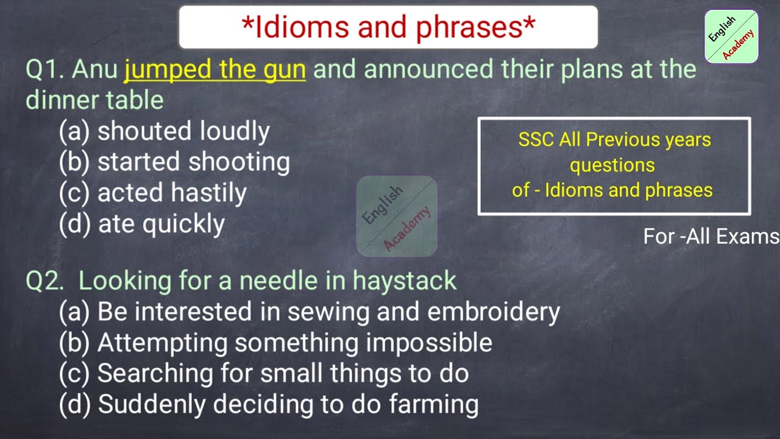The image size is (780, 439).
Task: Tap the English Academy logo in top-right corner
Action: (x=731, y=37)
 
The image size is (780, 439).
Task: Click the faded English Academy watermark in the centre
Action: (x=397, y=216)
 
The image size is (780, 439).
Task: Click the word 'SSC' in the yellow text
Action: (x=536, y=140)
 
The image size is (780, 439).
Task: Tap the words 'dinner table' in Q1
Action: (x=94, y=101)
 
